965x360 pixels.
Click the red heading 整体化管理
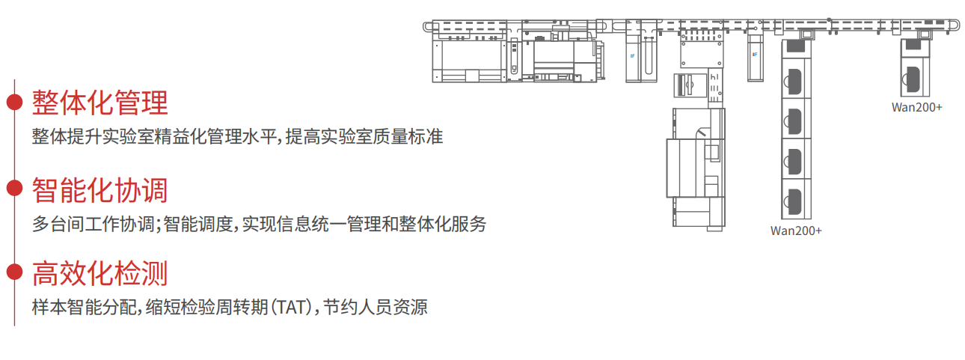coord(99,103)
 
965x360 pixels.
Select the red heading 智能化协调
coord(99,189)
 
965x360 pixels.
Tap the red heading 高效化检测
coord(99,273)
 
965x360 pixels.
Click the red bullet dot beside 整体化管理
coord(15,103)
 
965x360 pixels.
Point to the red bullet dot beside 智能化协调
coord(15,188)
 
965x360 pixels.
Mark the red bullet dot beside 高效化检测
coord(15,272)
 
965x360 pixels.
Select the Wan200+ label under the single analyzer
coord(917,107)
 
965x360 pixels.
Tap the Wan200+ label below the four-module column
coord(796,231)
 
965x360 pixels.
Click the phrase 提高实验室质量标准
coord(364,137)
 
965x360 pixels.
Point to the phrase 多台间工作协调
coord(93,224)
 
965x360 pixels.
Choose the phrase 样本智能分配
coord(84,308)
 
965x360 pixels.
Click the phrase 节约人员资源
coord(376,308)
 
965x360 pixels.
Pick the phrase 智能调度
coord(198,224)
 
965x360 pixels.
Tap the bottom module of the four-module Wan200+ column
coord(796,199)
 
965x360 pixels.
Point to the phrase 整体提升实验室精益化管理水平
coord(154,137)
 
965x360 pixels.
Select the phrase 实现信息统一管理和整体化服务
coord(364,224)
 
